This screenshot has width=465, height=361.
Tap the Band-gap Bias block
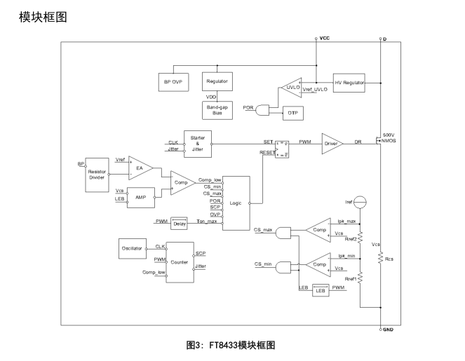point(217,109)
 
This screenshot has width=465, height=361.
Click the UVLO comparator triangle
point(290,87)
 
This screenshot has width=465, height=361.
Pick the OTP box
point(292,111)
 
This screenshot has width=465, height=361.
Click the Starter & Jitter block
point(197,144)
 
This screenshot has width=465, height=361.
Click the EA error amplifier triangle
point(140,168)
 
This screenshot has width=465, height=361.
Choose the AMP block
point(140,198)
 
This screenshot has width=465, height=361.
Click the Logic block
point(235,202)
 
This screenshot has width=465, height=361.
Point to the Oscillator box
point(133,248)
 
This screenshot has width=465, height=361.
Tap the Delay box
point(179,223)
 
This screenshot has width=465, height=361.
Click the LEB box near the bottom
point(321,290)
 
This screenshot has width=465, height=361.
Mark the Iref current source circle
point(360,203)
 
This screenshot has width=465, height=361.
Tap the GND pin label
point(388,328)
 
